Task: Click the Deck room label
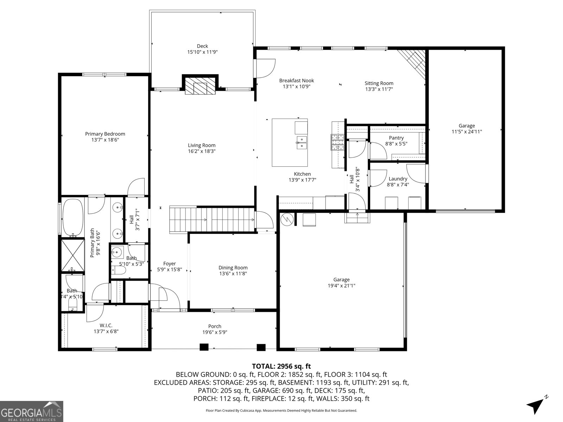coord(202,46)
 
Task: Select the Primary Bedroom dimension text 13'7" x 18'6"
coord(105,140)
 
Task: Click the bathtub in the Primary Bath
coord(73,217)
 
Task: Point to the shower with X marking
coord(73,255)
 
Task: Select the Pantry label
coord(396,138)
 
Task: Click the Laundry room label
coord(398,179)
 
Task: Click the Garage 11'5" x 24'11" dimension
coord(467,132)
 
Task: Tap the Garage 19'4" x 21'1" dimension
coord(341,286)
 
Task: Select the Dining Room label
coord(233,268)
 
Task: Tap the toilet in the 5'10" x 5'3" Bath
coord(119,270)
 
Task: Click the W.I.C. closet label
coord(106,325)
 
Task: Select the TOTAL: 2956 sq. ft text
coord(281,366)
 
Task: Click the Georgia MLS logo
coord(31,411)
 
